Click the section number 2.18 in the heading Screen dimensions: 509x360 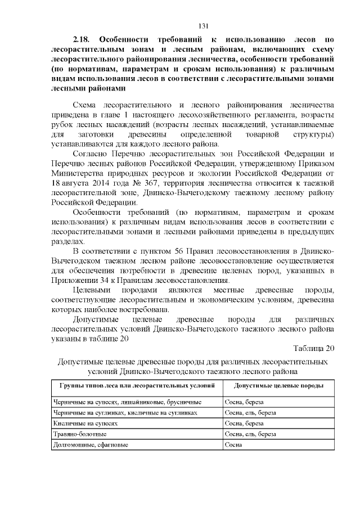83,39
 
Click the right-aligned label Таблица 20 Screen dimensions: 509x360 314,348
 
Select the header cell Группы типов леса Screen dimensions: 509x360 133,386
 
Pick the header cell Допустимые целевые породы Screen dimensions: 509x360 278,386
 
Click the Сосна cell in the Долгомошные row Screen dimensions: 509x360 233,444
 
